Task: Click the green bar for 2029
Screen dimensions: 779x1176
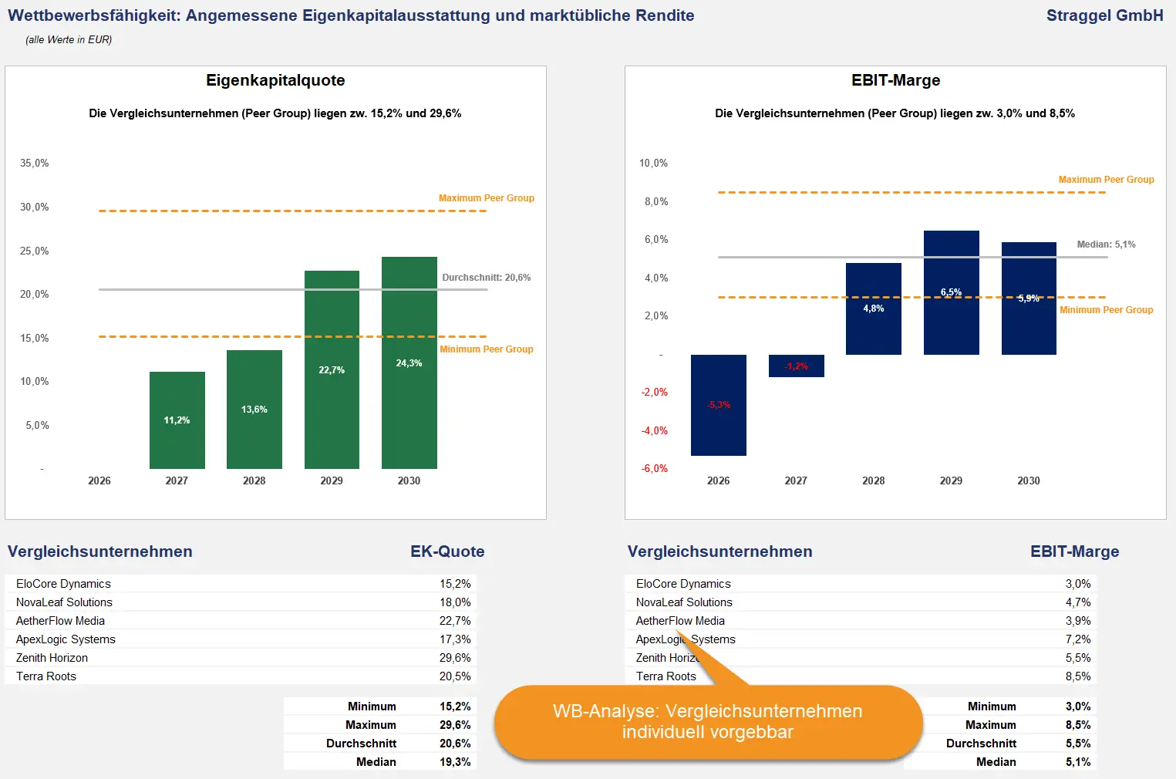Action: [x=332, y=369]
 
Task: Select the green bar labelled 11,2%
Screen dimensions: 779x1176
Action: [x=177, y=420]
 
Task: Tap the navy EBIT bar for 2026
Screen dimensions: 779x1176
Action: [x=718, y=405]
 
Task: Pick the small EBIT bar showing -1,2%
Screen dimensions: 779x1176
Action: [x=796, y=366]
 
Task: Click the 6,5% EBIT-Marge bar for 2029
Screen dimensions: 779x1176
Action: [x=951, y=292]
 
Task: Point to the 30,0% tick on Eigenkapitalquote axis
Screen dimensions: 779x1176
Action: [x=35, y=207]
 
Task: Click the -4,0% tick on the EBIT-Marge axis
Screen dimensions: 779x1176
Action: [x=655, y=430]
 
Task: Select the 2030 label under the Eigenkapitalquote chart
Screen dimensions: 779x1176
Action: [x=409, y=481]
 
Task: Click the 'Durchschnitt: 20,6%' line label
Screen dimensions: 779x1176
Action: [x=486, y=278]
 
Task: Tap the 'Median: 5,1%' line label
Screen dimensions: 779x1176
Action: [x=1106, y=244]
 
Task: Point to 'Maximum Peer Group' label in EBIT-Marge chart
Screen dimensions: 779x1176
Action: [x=1106, y=180]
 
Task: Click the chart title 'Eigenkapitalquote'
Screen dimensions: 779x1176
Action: [x=275, y=80]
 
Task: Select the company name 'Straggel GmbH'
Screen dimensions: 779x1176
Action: [x=1104, y=15]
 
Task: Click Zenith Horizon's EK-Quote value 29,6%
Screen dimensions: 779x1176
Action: [x=455, y=658]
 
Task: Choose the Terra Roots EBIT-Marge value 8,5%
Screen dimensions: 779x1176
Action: [x=1077, y=676]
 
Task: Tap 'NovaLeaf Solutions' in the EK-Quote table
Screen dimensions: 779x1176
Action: [x=64, y=602]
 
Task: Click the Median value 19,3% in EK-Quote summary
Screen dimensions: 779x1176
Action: [x=455, y=762]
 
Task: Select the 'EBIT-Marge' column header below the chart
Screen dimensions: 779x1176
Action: [x=1074, y=551]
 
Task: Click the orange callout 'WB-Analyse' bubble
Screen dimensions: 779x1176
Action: [x=707, y=722]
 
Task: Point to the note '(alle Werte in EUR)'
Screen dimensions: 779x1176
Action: [x=69, y=39]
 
